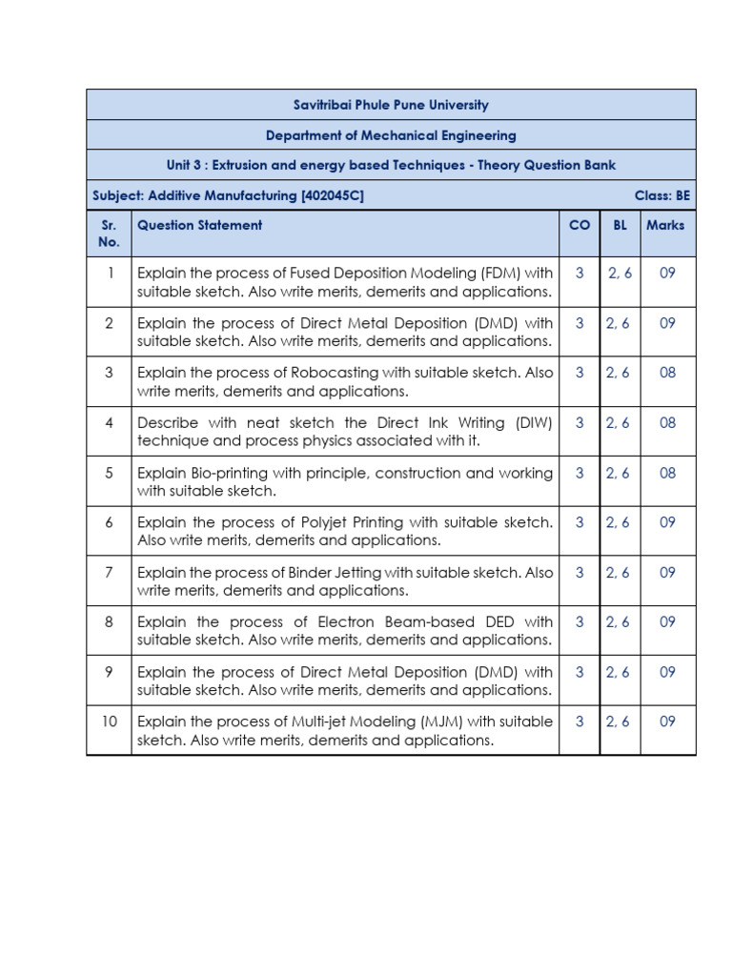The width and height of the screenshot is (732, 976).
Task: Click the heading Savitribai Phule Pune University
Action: [x=391, y=105]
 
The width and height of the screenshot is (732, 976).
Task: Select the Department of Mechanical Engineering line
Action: [x=391, y=135]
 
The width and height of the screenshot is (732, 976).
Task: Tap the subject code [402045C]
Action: [x=333, y=195]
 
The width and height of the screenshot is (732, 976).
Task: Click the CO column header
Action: [x=579, y=226]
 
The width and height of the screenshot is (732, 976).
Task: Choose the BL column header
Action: [x=620, y=226]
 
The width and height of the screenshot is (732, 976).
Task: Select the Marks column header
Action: [x=665, y=226]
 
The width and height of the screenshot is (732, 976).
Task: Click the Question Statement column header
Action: [x=199, y=226]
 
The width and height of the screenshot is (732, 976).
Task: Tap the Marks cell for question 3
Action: [x=667, y=374]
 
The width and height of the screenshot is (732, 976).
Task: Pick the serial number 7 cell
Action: [x=110, y=573]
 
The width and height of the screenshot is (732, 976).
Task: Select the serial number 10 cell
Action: [x=110, y=722]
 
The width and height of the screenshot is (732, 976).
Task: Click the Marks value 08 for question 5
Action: [x=667, y=474]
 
